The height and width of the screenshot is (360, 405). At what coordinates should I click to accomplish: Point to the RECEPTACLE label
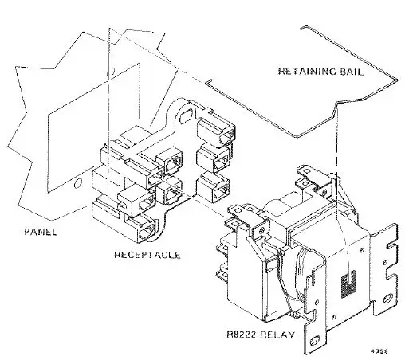146,256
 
